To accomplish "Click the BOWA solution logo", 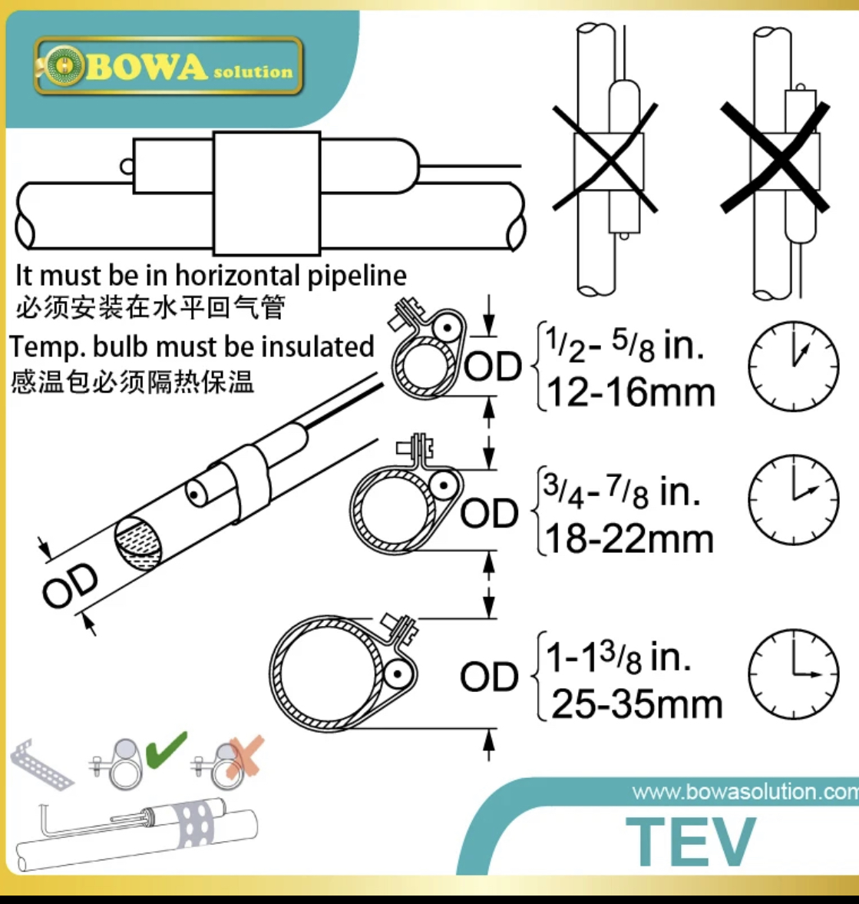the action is click(168, 66).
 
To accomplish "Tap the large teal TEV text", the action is click(691, 841).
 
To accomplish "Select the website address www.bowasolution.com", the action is click(745, 792).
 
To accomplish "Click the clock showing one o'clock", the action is click(793, 366).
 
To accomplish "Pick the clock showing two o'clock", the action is click(793, 499).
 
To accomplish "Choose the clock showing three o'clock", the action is click(793, 674).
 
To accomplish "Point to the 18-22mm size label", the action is click(629, 539).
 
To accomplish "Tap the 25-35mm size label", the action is click(636, 704).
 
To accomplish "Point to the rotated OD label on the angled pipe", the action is click(71, 585).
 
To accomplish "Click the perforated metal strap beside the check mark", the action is click(41, 764).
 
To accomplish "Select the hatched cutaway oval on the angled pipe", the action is click(138, 544).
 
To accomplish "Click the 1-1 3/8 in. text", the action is click(618, 657).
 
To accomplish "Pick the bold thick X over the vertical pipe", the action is click(775, 157).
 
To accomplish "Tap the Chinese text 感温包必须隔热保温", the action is click(132, 382).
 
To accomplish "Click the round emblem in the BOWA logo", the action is click(64, 66).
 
